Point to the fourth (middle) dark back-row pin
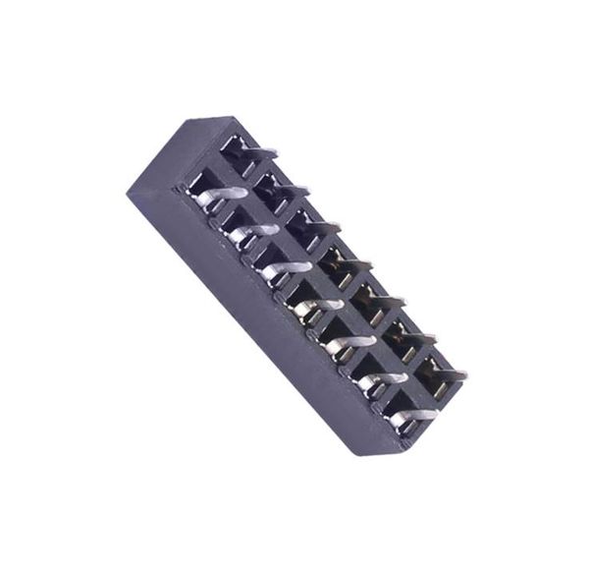(x=353, y=263)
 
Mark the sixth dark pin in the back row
(x=416, y=337)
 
